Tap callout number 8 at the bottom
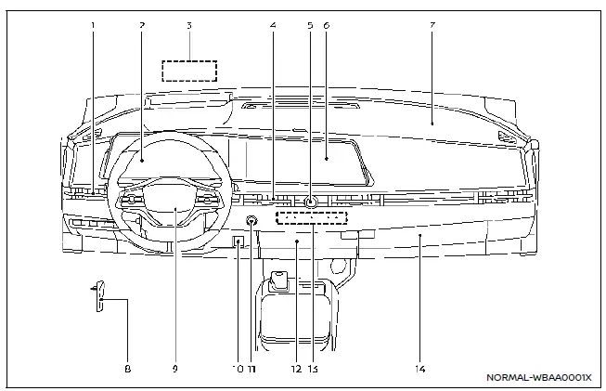click(x=128, y=369)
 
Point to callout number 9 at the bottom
click(x=174, y=369)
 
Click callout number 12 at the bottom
click(x=295, y=369)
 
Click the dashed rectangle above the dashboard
click(x=188, y=71)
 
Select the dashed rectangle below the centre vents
click(x=312, y=218)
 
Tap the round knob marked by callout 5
click(x=309, y=202)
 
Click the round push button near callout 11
click(x=251, y=221)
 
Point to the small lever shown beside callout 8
click(x=100, y=294)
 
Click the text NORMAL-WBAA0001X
click(x=538, y=378)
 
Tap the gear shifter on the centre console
click(x=278, y=280)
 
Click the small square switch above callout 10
click(x=238, y=244)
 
